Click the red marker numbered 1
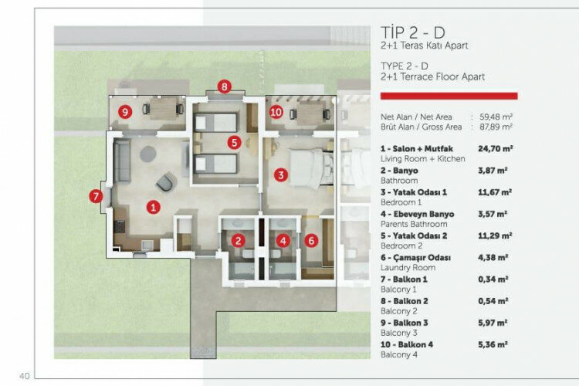tap(154, 207)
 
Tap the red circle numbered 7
tap(96, 196)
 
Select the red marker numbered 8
tap(224, 86)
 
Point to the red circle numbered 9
tap(125, 111)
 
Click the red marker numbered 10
tap(276, 112)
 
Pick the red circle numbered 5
tap(234, 142)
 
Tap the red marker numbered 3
tap(281, 174)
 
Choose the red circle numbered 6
tap(311, 241)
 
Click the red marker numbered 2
tap(239, 241)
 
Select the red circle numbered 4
tap(283, 241)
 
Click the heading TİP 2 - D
tap(413, 32)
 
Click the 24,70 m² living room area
tap(495, 148)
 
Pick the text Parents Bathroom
tap(414, 224)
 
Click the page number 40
tap(25, 376)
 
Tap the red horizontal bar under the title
tap(449, 96)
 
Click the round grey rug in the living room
tap(147, 154)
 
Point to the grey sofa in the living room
tap(121, 161)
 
